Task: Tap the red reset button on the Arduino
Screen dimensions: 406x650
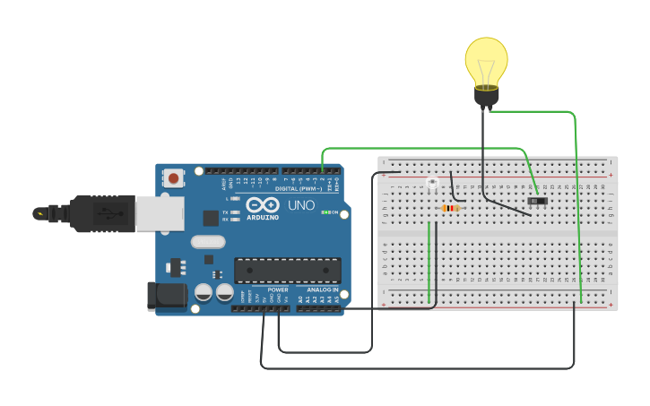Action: click(173, 179)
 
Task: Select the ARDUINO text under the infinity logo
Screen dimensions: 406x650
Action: click(263, 217)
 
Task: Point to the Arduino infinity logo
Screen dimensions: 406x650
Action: click(263, 203)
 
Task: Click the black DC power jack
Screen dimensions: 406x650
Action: click(166, 298)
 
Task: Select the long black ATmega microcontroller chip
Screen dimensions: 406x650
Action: click(288, 270)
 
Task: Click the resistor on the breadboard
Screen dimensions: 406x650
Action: click(451, 209)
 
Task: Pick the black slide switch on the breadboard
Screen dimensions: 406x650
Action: click(537, 202)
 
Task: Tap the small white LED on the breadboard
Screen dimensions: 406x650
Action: click(431, 185)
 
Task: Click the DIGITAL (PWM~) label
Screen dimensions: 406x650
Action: click(299, 189)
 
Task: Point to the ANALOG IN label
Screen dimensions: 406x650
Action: click(324, 290)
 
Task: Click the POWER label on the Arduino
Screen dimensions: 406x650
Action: click(278, 290)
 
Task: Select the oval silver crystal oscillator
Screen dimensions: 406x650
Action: click(208, 241)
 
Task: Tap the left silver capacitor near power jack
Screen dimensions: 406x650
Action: click(204, 292)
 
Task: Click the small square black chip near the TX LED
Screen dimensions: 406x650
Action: click(211, 218)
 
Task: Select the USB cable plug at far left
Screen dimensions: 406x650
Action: click(90, 213)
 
